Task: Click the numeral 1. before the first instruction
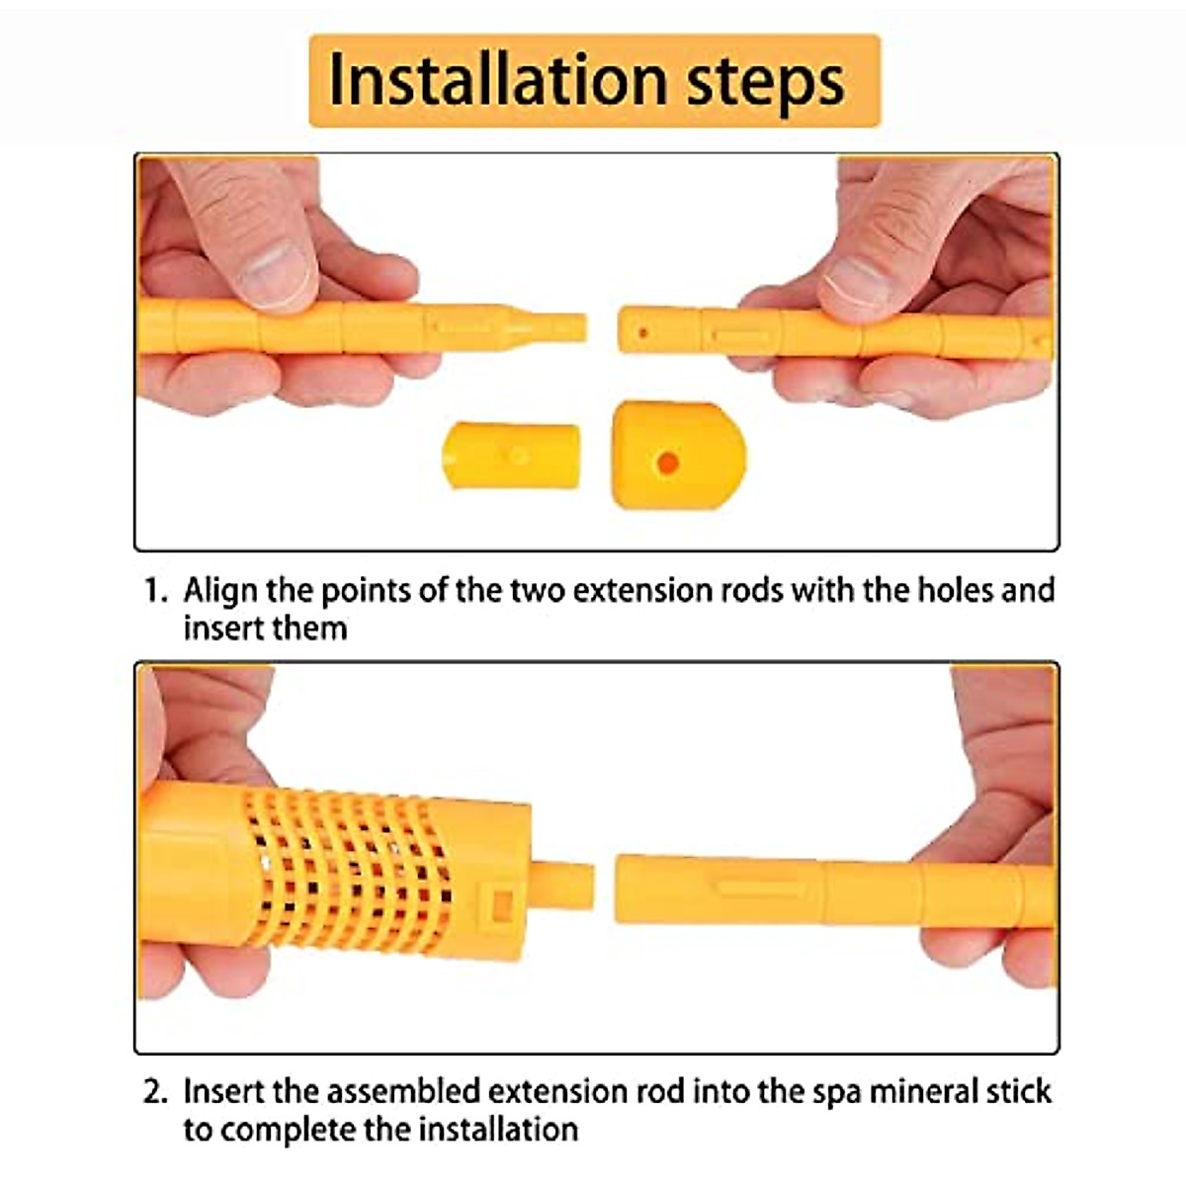157,591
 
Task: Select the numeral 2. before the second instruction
157,1092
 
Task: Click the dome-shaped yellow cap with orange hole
677,455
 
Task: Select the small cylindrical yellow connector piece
511,455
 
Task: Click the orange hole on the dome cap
669,462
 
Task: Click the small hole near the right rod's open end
642,333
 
